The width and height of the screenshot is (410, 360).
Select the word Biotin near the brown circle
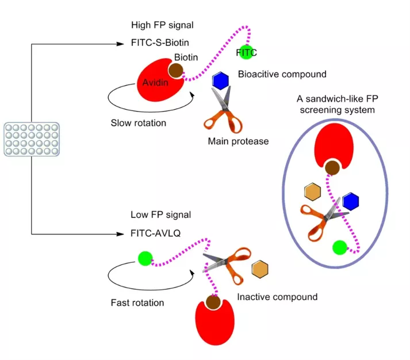click(x=186, y=58)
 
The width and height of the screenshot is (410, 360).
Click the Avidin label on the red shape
click(x=155, y=84)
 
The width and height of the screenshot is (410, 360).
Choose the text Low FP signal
click(x=160, y=215)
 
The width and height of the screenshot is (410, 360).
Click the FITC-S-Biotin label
click(x=160, y=43)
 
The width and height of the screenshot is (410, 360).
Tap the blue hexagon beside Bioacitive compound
click(x=221, y=81)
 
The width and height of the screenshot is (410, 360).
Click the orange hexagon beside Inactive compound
click(x=260, y=269)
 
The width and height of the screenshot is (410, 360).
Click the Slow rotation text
click(x=138, y=123)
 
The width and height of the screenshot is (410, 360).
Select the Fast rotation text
click(x=137, y=302)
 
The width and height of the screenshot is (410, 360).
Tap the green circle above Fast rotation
click(x=144, y=258)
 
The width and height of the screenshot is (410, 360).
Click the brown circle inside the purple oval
click(x=332, y=168)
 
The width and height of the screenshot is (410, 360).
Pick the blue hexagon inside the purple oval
click(x=350, y=201)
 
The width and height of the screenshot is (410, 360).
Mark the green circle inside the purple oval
click(x=340, y=248)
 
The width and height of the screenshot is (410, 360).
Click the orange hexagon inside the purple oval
click(x=312, y=192)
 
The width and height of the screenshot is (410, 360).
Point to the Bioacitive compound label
click(x=282, y=74)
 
